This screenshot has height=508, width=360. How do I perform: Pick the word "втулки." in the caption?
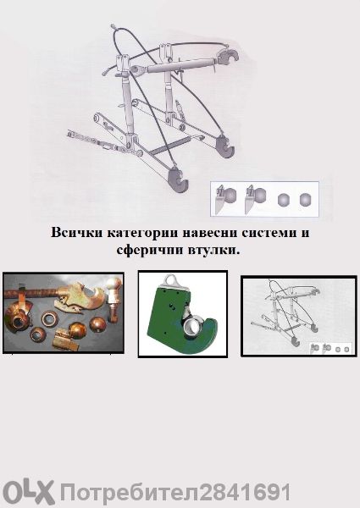point(218,251)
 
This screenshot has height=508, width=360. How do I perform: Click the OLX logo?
point(28,491)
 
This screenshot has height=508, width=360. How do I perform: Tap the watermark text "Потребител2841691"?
point(175,492)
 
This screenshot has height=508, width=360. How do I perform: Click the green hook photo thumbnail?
point(182,314)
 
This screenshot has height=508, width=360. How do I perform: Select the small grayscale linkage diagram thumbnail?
point(296,316)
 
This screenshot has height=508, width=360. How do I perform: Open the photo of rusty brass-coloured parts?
point(64,312)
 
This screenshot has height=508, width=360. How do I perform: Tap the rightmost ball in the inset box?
point(305,200)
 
